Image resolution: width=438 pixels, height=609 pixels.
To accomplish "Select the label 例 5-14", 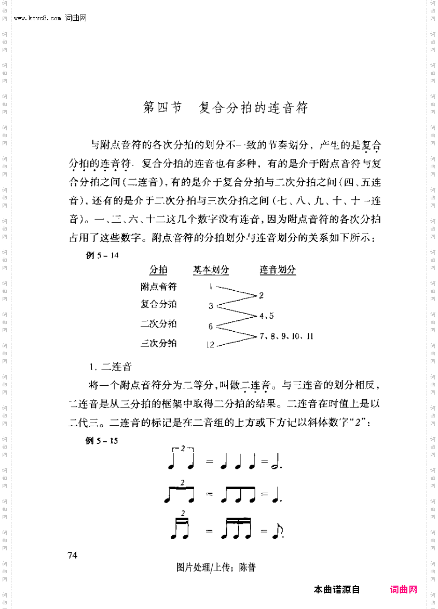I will (x=102, y=255).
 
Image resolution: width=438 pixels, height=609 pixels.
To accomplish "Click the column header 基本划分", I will (x=211, y=270).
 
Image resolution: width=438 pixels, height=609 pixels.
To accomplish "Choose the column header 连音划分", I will (x=278, y=270).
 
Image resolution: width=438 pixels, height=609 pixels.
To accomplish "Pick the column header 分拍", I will (x=158, y=270).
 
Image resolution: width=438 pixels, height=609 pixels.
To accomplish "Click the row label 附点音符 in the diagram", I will (x=158, y=287).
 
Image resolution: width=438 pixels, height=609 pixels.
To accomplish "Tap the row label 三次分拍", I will (x=158, y=343).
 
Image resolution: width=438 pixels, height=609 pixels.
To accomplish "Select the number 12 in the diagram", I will (x=210, y=344).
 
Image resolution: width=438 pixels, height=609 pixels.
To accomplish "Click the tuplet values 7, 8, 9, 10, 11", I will (x=286, y=336).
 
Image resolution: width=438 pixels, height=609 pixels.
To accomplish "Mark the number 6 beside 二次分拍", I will (x=211, y=327).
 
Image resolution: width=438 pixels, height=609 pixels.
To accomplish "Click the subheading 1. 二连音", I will (x=109, y=367).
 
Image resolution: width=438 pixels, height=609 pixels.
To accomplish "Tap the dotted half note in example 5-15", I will (x=276, y=461).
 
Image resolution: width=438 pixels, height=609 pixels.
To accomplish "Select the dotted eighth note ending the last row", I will (x=277, y=531).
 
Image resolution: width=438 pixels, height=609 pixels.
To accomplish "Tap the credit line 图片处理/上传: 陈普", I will (x=216, y=567).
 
